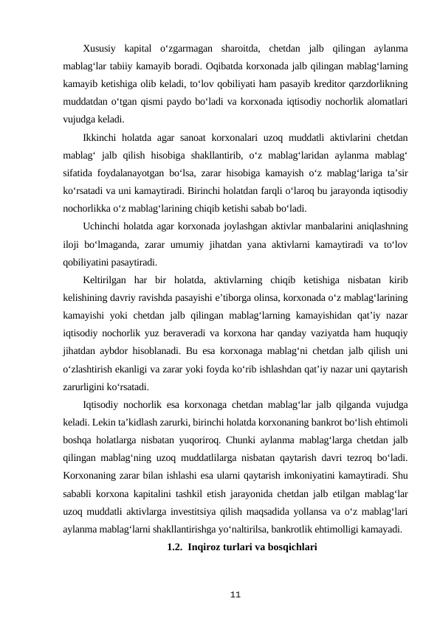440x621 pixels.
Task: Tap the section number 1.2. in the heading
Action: (x=175, y=547)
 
